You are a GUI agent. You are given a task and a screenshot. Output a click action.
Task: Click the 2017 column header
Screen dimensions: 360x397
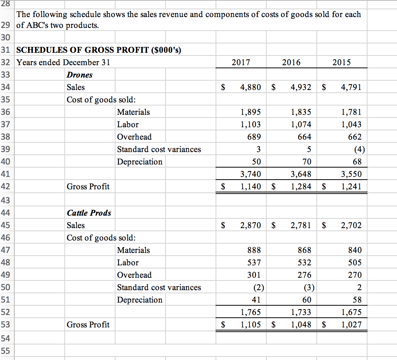(x=240, y=62)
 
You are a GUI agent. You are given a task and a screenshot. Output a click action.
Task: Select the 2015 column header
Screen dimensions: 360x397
(x=342, y=62)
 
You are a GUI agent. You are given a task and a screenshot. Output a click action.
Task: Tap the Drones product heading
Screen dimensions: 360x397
(x=79, y=75)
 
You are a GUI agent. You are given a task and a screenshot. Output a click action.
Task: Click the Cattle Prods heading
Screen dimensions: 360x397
(x=89, y=213)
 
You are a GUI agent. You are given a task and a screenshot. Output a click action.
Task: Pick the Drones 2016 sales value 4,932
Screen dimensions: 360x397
(x=301, y=87)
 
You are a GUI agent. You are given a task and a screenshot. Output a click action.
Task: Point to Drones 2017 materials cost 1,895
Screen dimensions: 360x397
(x=250, y=112)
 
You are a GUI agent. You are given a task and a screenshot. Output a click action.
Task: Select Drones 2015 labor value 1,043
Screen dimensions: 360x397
(x=351, y=125)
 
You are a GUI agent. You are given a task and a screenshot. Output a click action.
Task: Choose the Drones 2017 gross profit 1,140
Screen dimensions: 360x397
(x=250, y=187)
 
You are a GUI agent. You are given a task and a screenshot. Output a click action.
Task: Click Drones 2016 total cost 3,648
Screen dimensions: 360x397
(x=301, y=174)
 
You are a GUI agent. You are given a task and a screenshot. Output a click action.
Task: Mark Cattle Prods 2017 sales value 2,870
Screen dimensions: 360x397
(x=250, y=225)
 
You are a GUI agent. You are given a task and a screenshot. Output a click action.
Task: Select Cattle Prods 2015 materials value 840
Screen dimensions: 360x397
(x=355, y=250)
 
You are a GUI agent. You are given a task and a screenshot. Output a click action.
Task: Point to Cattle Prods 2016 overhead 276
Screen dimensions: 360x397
(x=304, y=275)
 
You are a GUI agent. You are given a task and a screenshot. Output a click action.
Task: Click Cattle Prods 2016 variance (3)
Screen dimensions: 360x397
(x=309, y=287)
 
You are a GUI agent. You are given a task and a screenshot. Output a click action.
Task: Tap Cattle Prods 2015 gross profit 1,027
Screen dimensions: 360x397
(x=351, y=325)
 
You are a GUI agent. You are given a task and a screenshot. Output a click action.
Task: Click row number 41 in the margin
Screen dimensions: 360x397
(x=5, y=174)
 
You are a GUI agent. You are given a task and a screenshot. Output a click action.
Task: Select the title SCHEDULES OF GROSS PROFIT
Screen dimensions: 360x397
(x=99, y=50)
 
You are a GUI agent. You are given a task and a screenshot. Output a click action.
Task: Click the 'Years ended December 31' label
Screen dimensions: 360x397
(x=64, y=62)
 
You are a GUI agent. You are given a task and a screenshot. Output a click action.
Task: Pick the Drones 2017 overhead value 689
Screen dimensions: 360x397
(x=254, y=137)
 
